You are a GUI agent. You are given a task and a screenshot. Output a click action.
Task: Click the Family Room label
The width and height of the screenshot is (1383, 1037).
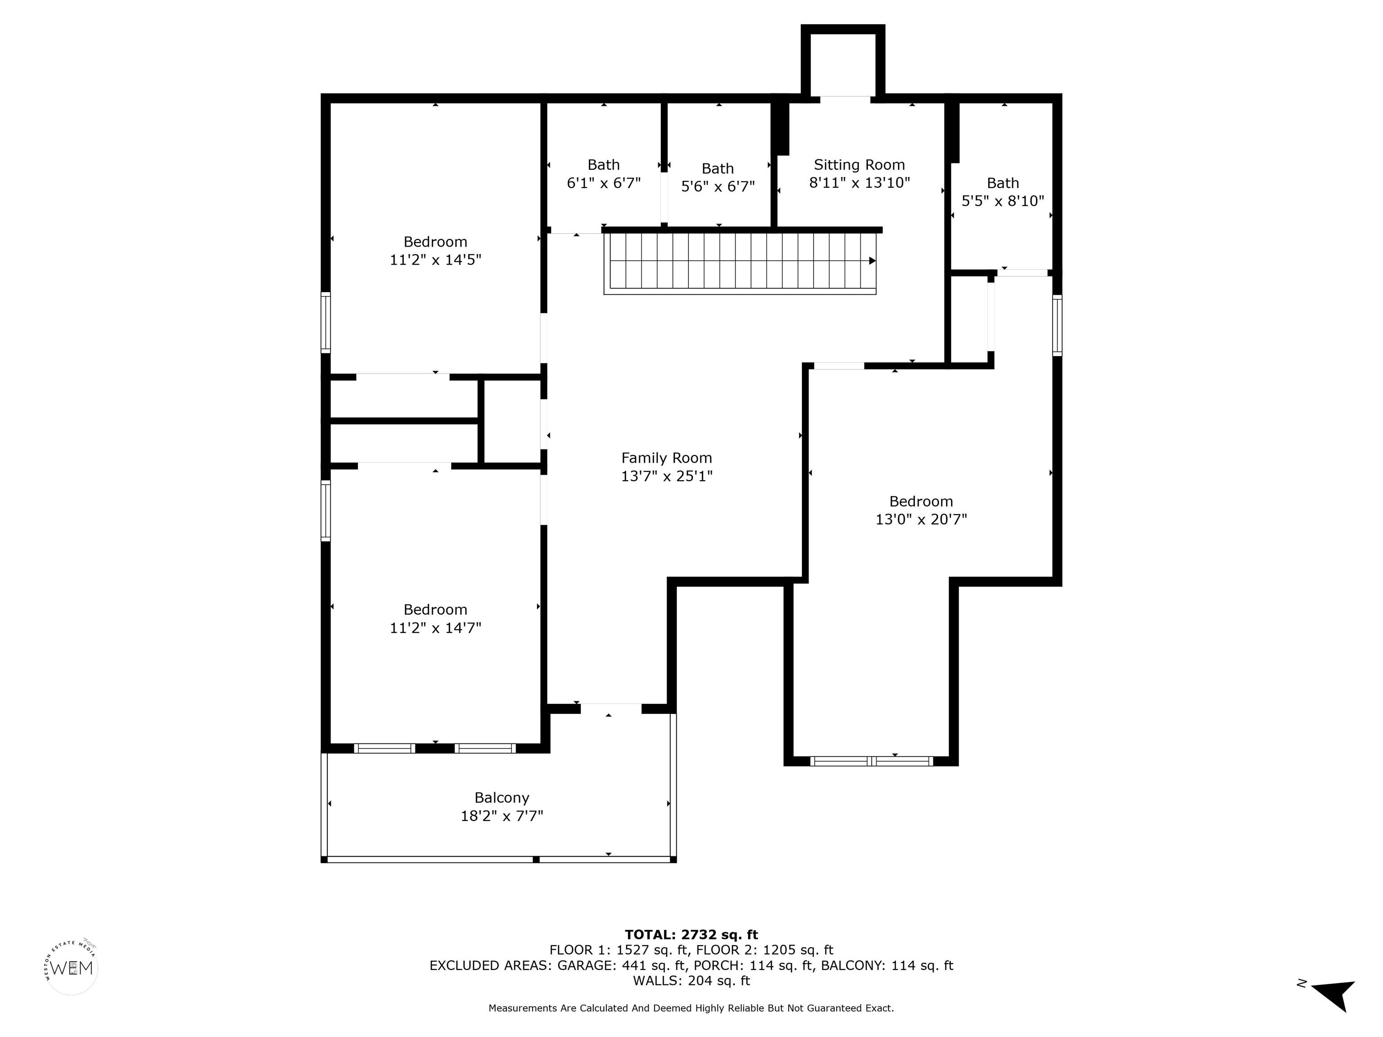(x=666, y=458)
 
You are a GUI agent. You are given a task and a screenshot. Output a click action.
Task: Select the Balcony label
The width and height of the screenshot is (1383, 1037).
(x=502, y=798)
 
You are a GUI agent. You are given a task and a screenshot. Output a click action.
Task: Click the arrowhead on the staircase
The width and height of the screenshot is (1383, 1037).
(x=872, y=261)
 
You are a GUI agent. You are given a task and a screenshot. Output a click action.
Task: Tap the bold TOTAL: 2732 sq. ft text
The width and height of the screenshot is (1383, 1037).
(x=691, y=934)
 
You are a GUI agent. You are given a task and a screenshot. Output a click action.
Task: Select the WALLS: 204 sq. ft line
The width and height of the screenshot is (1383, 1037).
(x=691, y=981)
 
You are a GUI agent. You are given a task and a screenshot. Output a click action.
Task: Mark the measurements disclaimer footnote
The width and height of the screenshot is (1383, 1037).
(x=691, y=1008)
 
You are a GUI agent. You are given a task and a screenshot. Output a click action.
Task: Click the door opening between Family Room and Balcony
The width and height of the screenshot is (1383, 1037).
(x=611, y=708)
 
